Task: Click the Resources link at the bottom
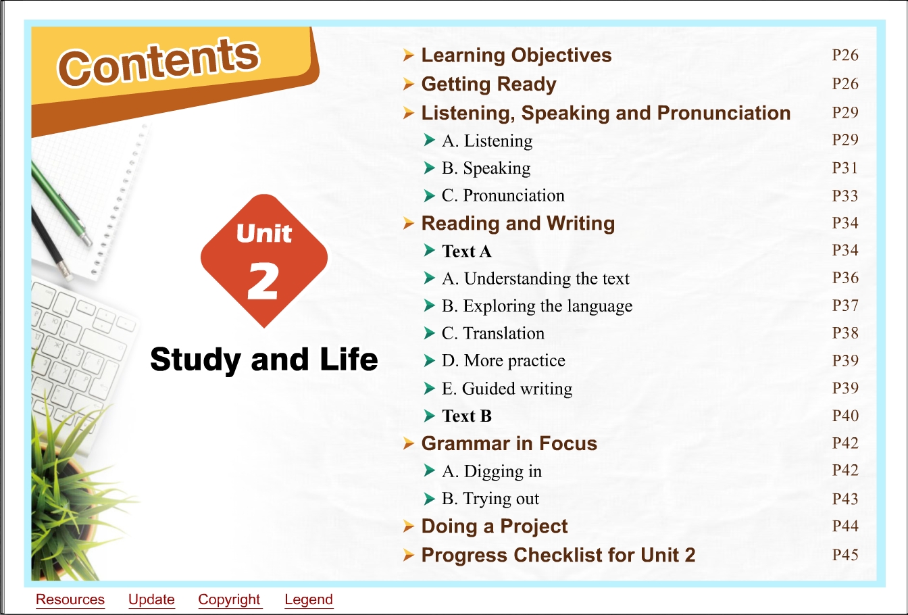tap(70, 599)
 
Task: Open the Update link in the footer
tap(151, 599)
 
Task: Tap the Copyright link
tap(229, 599)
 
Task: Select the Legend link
tap(309, 599)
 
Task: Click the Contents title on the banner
tap(158, 63)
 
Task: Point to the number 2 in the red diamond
tap(262, 280)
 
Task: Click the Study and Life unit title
tap(264, 360)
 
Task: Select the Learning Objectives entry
tap(516, 55)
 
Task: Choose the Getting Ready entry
tap(489, 84)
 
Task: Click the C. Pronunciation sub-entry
tap(503, 195)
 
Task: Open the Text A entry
tap(467, 251)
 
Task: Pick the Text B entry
tap(467, 416)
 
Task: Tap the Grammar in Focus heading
tap(509, 443)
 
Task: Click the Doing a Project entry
tap(495, 526)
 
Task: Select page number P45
tap(845, 555)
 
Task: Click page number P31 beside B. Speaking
tap(845, 168)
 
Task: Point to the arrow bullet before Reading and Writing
tap(409, 224)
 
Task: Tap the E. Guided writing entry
tap(507, 389)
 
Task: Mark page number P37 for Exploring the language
tap(845, 305)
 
